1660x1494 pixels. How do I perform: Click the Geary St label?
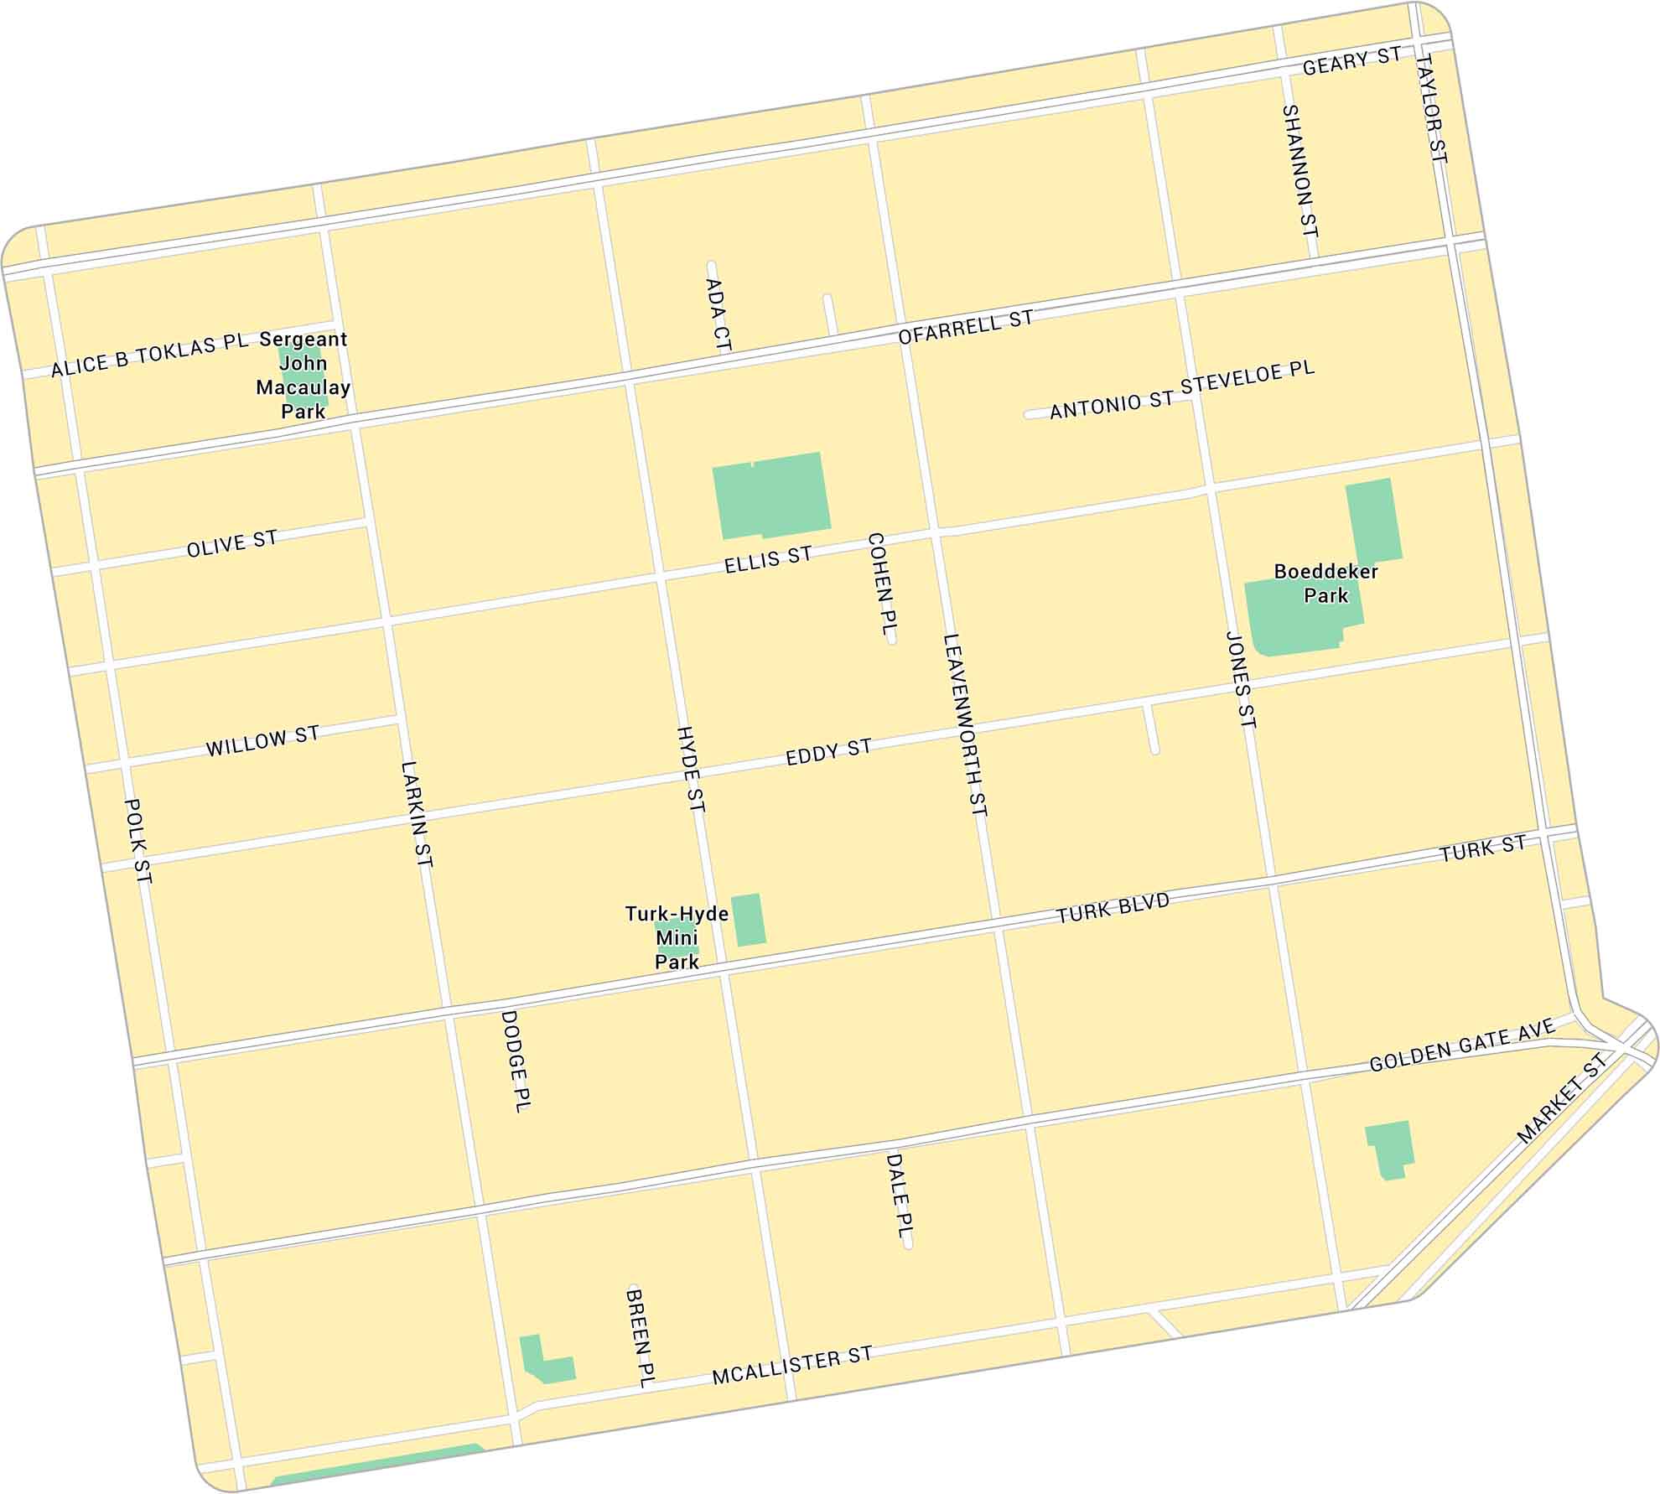(x=1351, y=61)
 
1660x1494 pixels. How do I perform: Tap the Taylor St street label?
(x=1431, y=108)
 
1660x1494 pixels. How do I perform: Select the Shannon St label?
(x=1300, y=170)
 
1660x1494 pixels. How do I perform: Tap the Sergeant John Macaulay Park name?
(x=303, y=375)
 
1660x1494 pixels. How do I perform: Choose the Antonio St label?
(x=1111, y=405)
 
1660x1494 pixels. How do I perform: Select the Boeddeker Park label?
(x=1325, y=583)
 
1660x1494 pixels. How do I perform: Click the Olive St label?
(x=231, y=544)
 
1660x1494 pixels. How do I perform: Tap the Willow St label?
(x=262, y=741)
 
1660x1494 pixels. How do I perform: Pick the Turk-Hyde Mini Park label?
(x=676, y=937)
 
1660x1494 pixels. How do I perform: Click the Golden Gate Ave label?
(x=1462, y=1045)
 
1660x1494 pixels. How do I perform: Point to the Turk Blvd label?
(x=1113, y=908)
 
